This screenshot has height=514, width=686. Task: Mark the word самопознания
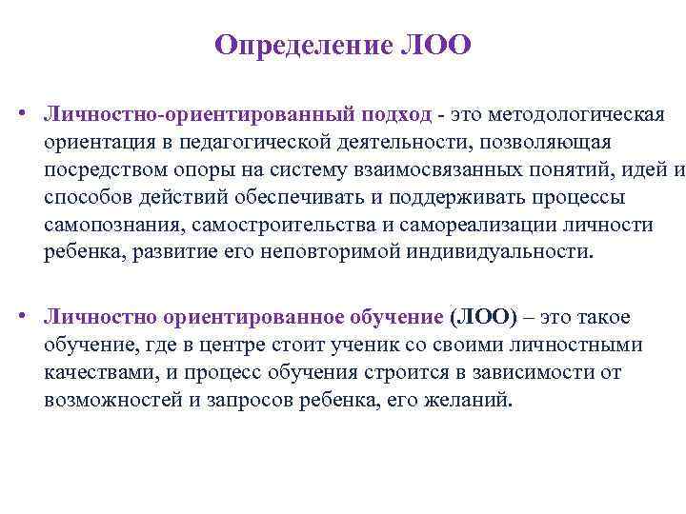click(x=113, y=225)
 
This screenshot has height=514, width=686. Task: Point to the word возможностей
click(x=113, y=400)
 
